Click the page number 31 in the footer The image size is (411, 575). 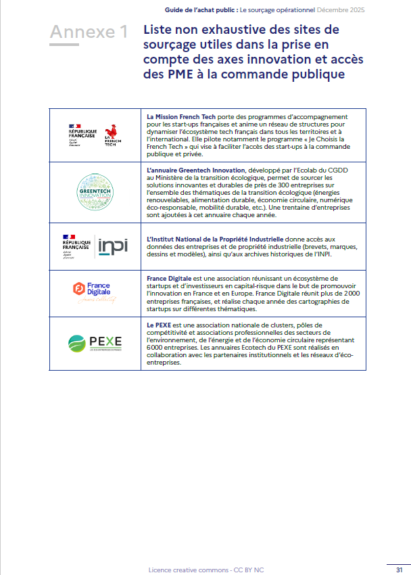pos(400,570)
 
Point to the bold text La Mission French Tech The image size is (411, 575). pos(178,117)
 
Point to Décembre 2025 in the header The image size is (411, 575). pos(341,11)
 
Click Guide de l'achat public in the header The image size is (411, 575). pos(200,11)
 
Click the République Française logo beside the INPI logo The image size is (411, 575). pos(76,246)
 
